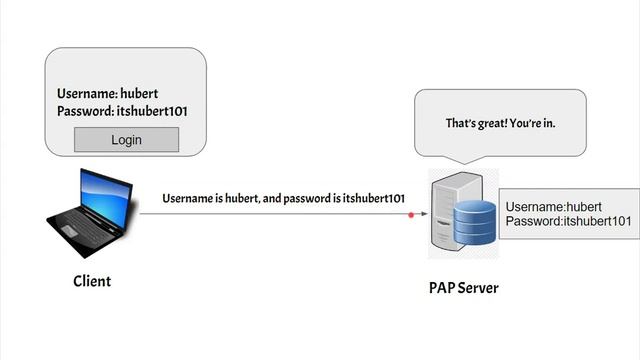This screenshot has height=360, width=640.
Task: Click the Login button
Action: (127, 139)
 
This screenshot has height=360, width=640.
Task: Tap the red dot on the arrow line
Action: (411, 213)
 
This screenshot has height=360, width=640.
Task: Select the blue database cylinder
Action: (475, 221)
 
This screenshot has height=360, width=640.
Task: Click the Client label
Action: (92, 281)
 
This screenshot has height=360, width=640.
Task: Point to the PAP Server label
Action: (463, 288)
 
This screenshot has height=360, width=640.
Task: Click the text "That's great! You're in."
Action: (499, 123)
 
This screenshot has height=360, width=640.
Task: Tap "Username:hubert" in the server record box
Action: (552, 207)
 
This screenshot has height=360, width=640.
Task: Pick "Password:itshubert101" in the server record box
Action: (567, 221)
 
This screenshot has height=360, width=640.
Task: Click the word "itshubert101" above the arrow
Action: (373, 198)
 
